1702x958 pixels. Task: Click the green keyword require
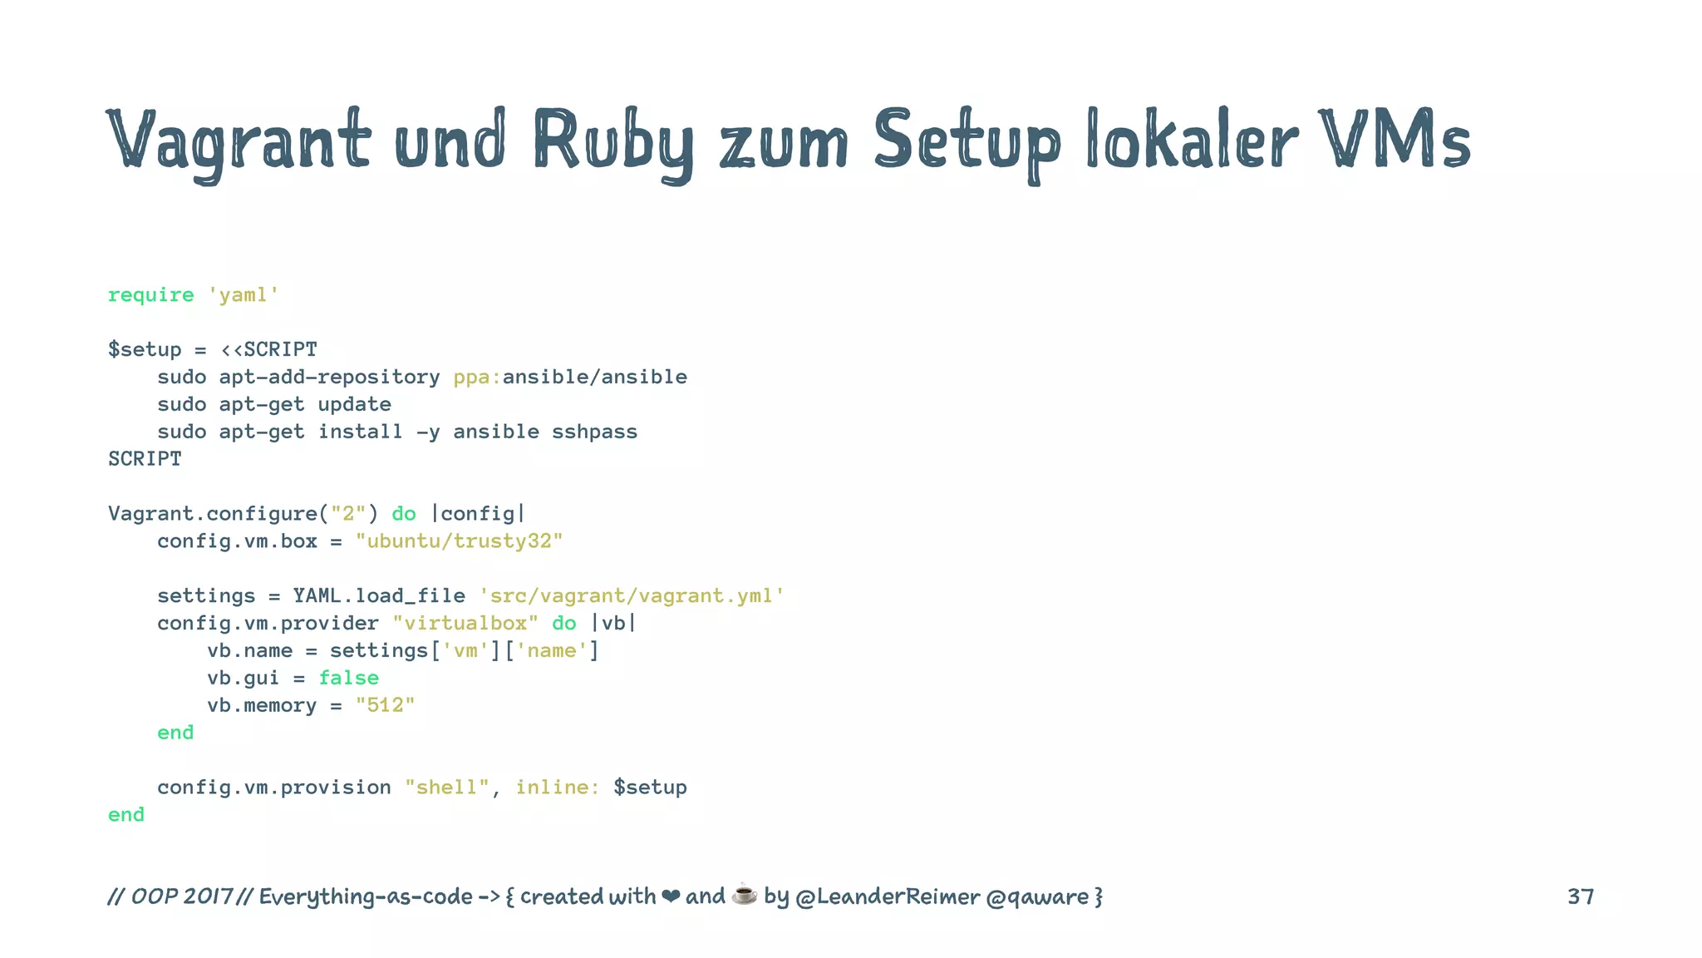(150, 295)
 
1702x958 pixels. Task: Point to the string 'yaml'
(243, 295)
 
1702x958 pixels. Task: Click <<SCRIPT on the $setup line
(268, 349)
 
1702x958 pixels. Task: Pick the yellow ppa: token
(477, 377)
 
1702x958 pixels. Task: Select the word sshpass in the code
(594, 432)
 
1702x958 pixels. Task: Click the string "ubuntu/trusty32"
(459, 541)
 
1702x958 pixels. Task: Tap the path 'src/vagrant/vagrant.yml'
(632, 596)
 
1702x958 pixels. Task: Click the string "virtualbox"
(465, 624)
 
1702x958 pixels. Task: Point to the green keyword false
(348, 678)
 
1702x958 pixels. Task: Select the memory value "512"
(385, 705)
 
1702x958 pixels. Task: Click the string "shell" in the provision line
(447, 788)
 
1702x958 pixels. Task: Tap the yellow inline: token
(557, 788)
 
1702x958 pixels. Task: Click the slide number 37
(1580, 896)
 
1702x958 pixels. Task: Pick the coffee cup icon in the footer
(744, 895)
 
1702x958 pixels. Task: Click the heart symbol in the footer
(670, 896)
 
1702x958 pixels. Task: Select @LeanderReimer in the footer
(887, 896)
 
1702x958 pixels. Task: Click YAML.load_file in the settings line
(378, 596)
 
